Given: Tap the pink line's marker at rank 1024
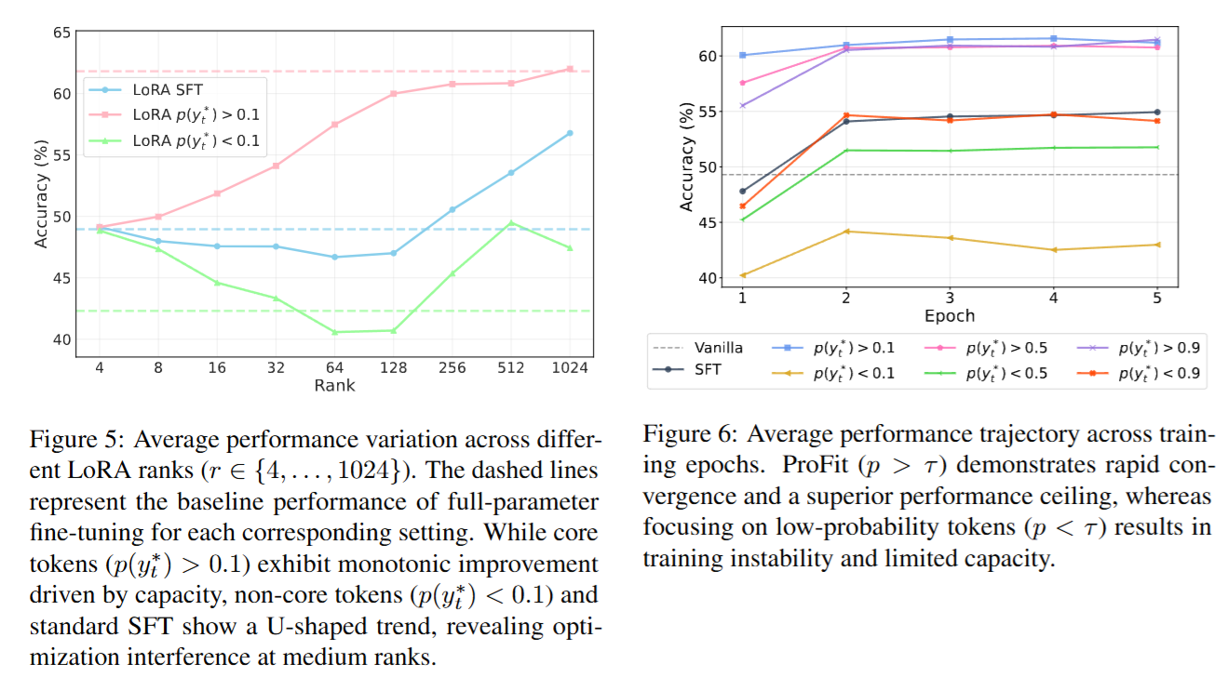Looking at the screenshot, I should coord(570,69).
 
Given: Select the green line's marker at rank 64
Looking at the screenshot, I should coord(334,332).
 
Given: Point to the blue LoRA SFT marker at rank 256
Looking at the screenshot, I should coord(452,210).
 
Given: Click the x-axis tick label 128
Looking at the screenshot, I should coord(394,367).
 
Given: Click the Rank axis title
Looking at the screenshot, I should coord(334,385).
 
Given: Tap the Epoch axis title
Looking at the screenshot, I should coord(949,315).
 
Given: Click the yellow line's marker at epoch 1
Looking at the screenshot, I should coord(742,275).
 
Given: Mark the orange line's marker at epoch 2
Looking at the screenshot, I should coord(845,115).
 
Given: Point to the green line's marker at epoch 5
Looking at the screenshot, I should coord(1157,147).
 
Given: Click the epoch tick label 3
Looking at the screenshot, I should coord(950,298).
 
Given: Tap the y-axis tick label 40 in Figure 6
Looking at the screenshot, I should coord(708,278).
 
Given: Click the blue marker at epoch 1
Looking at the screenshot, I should coord(742,55).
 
